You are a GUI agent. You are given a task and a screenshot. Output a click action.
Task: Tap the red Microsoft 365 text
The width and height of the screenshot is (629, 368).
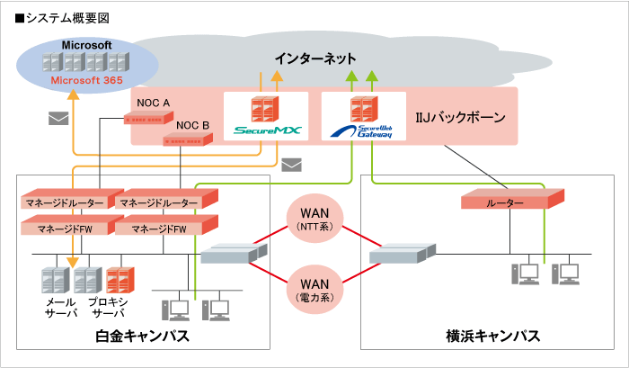(x=86, y=80)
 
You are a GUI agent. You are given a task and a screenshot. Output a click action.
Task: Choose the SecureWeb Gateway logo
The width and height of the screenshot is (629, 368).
(x=364, y=131)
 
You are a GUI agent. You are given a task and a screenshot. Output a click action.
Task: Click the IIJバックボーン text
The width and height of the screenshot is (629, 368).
(x=460, y=117)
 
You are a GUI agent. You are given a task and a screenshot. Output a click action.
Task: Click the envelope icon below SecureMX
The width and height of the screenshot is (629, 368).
(x=291, y=165)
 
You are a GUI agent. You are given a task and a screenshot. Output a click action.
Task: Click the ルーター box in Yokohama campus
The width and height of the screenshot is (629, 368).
(x=505, y=202)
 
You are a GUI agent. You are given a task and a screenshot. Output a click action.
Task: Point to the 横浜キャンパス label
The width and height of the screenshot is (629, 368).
(x=492, y=337)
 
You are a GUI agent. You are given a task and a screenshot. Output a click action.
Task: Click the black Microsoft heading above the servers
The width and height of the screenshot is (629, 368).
(x=86, y=45)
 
